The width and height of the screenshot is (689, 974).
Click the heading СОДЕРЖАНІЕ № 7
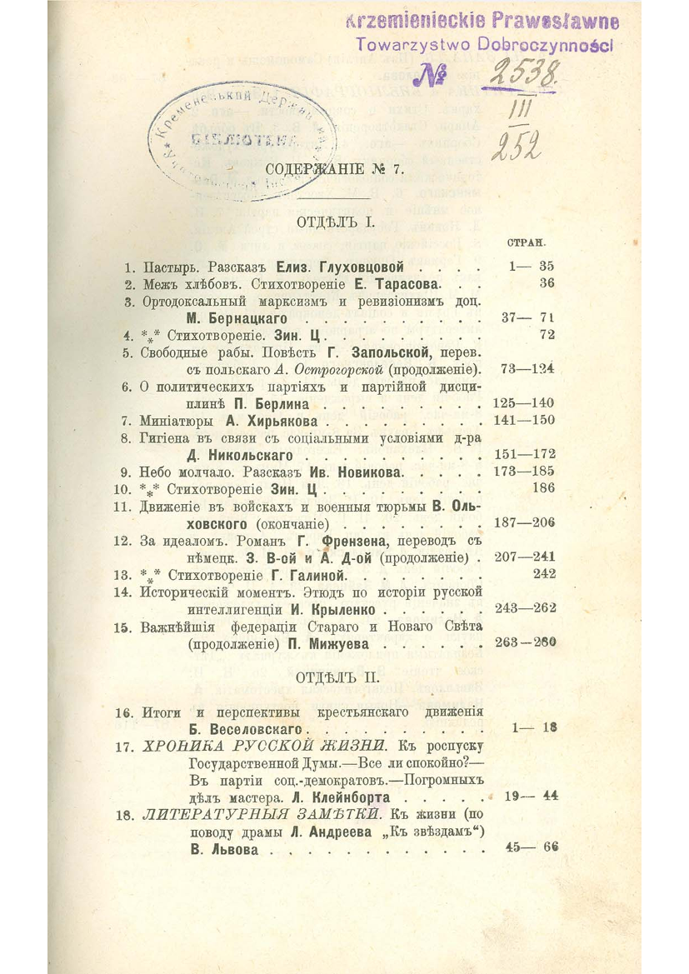(334, 170)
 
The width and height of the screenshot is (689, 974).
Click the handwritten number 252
(517, 149)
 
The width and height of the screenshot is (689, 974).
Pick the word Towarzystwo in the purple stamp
(406, 47)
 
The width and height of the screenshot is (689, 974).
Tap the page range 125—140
(524, 404)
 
